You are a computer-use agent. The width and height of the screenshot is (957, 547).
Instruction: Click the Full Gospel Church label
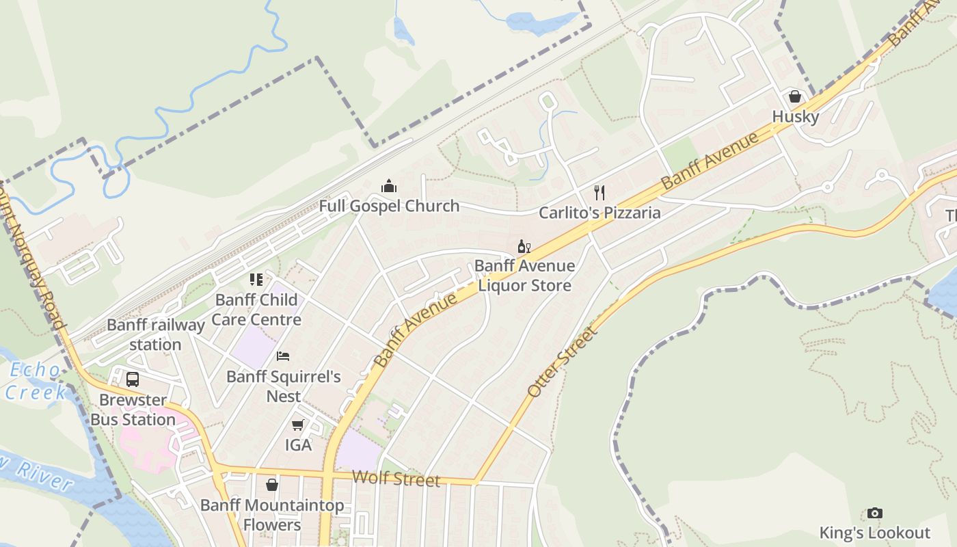389,206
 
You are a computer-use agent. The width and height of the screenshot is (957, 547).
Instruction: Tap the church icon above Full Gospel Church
389,185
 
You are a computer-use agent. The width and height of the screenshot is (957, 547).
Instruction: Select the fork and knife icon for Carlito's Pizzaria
599,192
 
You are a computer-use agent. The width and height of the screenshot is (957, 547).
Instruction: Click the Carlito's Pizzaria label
599,213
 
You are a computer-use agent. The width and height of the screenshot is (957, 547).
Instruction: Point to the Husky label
795,117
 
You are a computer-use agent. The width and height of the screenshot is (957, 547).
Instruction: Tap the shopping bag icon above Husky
794,96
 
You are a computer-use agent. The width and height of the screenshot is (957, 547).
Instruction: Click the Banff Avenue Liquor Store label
524,276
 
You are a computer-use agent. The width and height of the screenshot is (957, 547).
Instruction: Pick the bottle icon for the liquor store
524,247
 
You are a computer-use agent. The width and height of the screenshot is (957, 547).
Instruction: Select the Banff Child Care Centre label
256,309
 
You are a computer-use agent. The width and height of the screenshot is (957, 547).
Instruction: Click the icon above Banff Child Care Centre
256,279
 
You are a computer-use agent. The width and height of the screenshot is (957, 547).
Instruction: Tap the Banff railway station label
156,334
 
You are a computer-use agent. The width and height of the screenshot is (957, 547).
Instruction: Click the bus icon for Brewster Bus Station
133,379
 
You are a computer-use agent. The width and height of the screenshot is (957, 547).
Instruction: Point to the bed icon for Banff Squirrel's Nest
283,356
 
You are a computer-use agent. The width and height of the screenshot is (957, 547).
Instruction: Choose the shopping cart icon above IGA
297,425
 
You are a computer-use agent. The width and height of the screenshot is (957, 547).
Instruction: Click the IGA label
298,445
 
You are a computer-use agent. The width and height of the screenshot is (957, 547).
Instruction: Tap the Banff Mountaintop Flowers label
272,516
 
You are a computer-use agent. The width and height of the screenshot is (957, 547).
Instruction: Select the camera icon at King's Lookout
874,513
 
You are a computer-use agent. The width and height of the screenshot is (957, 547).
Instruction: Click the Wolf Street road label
396,479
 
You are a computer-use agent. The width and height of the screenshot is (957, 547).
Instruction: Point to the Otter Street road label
563,362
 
